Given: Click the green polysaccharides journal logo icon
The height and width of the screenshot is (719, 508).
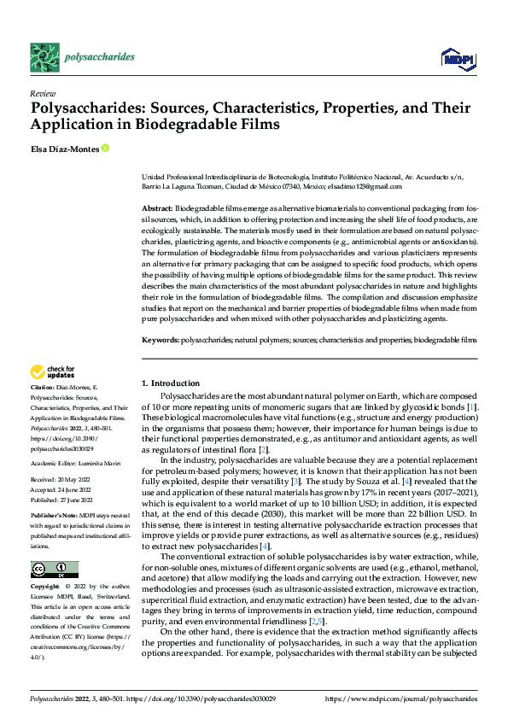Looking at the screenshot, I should pos(43,56).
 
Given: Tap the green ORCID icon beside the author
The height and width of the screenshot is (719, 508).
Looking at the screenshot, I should pos(105,149).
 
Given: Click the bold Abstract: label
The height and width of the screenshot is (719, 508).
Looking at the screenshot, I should pos(156,208).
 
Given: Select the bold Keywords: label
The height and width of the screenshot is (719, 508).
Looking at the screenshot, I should pos(161,340).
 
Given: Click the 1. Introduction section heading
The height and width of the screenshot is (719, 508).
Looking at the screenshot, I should pos(171,383).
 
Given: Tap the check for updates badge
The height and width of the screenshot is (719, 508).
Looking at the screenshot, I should pos(50,371).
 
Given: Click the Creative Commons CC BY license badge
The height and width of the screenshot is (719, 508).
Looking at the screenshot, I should pos(54,570).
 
